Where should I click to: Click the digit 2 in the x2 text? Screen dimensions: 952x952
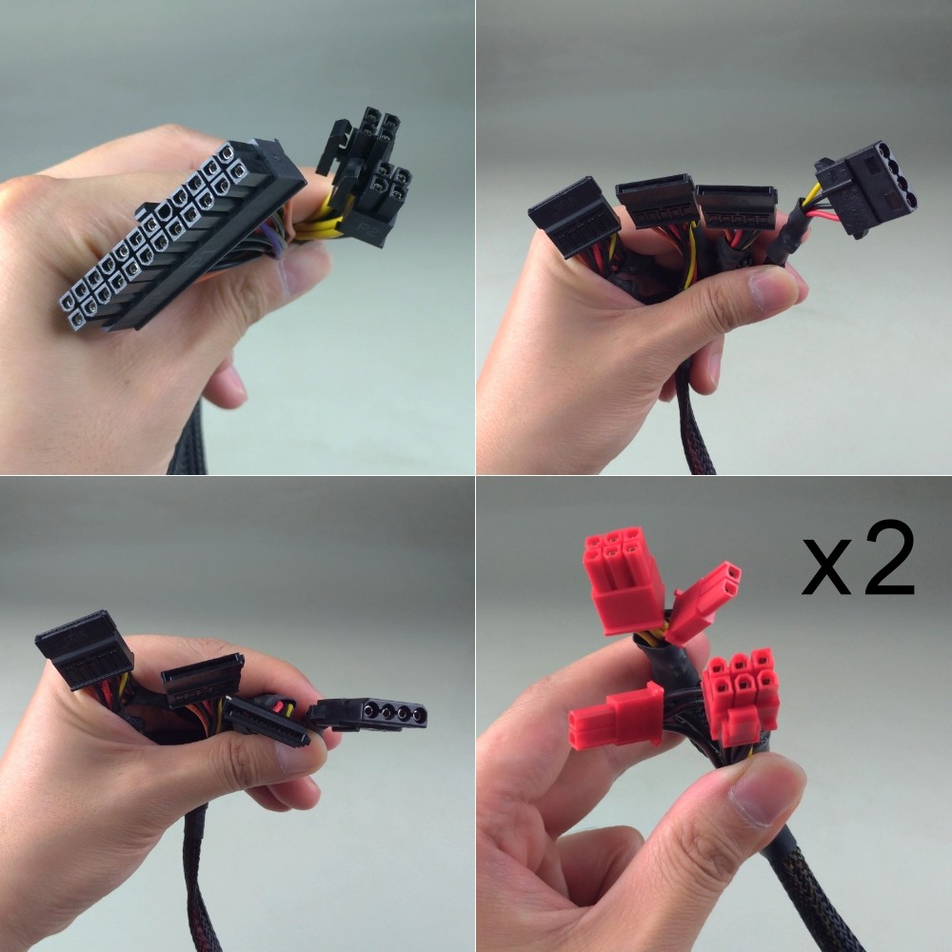(889, 558)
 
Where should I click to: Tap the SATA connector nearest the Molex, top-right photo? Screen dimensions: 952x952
(737, 207)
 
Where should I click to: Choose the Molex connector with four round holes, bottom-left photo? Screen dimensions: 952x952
(370, 714)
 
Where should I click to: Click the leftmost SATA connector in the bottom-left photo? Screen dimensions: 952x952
(85, 649)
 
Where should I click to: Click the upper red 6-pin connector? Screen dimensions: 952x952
(623, 580)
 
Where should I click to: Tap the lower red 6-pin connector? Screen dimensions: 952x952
(741, 695)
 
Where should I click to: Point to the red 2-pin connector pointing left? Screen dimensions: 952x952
(616, 717)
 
